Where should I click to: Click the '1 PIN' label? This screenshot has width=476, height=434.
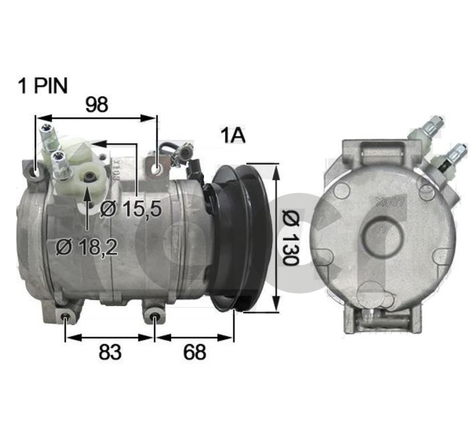(x=43, y=86)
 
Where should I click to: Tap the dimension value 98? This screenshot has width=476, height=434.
(x=96, y=105)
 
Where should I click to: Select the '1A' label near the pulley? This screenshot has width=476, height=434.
(x=233, y=136)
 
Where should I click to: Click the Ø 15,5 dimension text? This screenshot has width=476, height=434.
(x=131, y=209)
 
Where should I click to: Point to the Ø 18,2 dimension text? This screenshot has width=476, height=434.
(x=87, y=248)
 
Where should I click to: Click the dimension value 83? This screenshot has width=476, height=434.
(x=110, y=352)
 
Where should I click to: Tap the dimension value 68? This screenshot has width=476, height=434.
(x=195, y=352)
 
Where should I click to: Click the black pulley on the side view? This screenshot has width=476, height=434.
(x=241, y=238)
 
